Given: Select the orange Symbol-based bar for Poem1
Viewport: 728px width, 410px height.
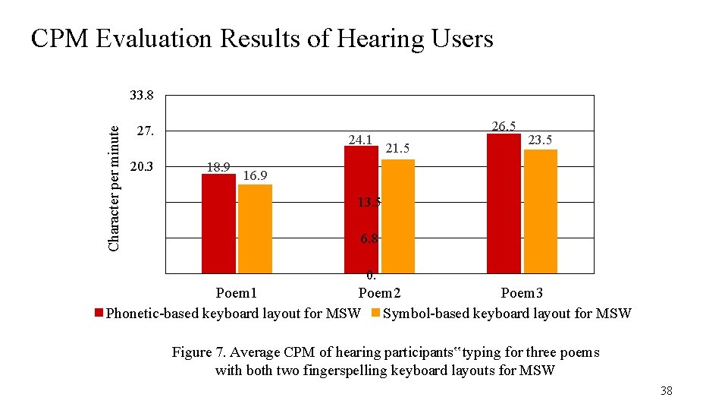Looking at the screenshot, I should [x=255, y=229].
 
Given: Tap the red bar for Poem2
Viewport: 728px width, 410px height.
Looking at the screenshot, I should [x=361, y=209].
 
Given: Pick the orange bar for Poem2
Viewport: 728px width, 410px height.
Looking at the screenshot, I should [x=398, y=216].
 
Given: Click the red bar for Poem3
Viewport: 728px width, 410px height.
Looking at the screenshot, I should [x=504, y=203].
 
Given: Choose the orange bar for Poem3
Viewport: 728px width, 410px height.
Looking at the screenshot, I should [x=541, y=211].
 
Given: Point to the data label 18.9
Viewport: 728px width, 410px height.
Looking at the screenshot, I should [x=219, y=167].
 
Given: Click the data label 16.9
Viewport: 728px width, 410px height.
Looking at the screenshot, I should [x=256, y=176].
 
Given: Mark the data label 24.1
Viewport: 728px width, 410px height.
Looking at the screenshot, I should [x=360, y=140].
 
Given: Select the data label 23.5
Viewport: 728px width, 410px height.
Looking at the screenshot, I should [x=540, y=140].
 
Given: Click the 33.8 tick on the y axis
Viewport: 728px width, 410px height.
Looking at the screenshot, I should [x=142, y=96].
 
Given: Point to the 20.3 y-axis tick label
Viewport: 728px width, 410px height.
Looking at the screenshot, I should [x=142, y=167].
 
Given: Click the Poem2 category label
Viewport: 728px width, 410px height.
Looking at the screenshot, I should [x=380, y=293].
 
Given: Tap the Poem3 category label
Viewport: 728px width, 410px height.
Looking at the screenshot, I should [x=522, y=293].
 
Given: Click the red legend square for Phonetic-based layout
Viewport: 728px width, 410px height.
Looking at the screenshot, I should [x=98, y=313].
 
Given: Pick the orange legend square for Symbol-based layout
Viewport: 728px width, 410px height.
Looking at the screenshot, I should [x=376, y=313].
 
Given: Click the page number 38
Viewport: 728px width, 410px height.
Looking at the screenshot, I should [x=666, y=391].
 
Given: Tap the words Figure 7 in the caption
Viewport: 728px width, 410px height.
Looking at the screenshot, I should [x=199, y=352].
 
